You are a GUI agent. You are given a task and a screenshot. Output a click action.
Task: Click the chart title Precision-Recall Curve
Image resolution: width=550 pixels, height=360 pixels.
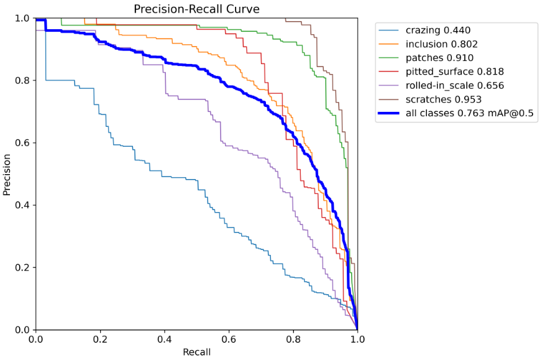point(196,9)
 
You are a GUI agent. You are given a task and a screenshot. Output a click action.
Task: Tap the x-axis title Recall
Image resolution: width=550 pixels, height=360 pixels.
point(196,352)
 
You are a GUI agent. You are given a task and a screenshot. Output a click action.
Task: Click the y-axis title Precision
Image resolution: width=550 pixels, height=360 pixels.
point(7,174)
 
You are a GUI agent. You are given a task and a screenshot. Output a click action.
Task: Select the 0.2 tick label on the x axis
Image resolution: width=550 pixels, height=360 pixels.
point(100,340)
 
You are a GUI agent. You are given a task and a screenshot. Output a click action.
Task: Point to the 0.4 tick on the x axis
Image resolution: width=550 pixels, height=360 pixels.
point(164,340)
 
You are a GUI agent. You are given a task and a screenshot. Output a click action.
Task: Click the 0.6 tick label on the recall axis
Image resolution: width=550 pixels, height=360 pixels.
point(229,340)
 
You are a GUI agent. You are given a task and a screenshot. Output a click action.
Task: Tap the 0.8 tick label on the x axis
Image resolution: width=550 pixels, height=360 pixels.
point(293,340)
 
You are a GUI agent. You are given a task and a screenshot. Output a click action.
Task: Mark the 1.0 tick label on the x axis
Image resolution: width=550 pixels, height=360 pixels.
point(357,340)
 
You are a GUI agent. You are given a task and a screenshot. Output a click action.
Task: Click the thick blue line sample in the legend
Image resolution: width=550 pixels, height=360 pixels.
point(390,113)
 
